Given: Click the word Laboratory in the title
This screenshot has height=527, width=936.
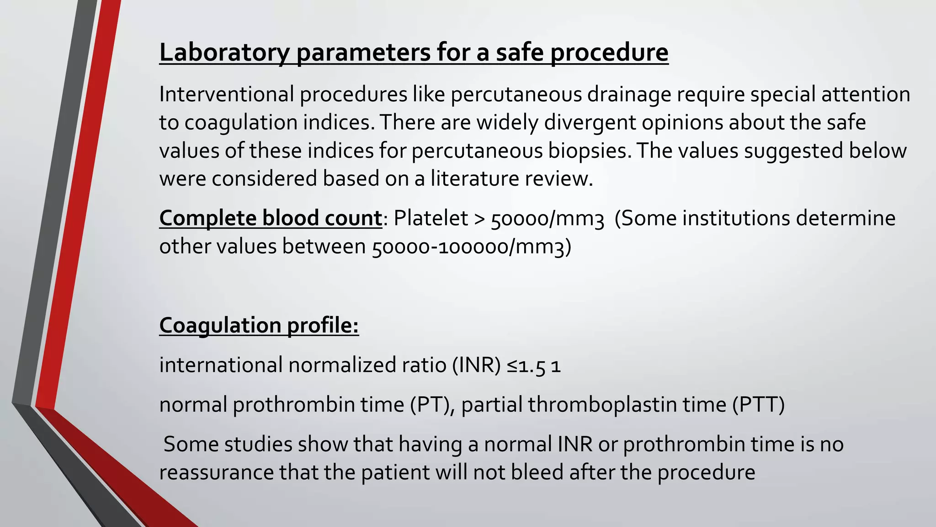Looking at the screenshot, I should click(224, 53).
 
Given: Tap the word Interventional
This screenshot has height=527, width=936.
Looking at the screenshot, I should click(226, 94).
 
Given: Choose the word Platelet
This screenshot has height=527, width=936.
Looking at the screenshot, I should click(431, 218).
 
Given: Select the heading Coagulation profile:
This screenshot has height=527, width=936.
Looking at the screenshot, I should click(259, 326).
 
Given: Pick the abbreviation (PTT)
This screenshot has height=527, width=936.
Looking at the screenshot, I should click(758, 405).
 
